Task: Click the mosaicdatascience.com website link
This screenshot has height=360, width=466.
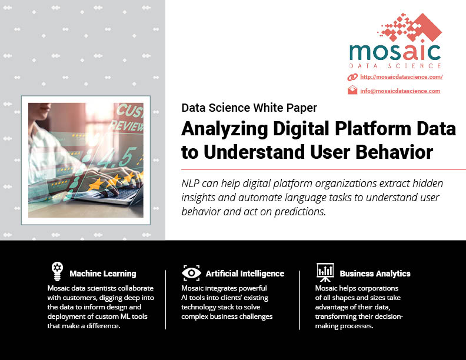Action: point(401,77)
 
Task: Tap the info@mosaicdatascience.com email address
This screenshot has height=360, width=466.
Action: point(400,91)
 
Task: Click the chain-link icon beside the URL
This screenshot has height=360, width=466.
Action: point(352,77)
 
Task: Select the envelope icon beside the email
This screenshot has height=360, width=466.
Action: point(352,90)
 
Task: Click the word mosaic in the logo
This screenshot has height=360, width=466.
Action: point(395,52)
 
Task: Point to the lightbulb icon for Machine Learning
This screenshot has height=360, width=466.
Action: point(57,271)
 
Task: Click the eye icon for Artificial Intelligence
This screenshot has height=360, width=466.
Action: point(191,273)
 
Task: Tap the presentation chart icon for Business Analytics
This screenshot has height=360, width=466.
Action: point(325,272)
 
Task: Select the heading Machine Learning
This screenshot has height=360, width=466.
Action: point(103,274)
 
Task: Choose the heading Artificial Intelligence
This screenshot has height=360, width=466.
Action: point(245,274)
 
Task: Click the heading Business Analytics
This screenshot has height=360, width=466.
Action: point(375,274)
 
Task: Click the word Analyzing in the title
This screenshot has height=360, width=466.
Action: point(225,129)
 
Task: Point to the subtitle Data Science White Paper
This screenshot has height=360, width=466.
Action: point(249,108)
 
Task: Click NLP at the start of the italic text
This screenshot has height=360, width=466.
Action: point(190,184)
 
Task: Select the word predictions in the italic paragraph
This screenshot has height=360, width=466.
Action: point(300,212)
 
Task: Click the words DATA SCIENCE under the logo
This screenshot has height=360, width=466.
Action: point(395,66)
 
